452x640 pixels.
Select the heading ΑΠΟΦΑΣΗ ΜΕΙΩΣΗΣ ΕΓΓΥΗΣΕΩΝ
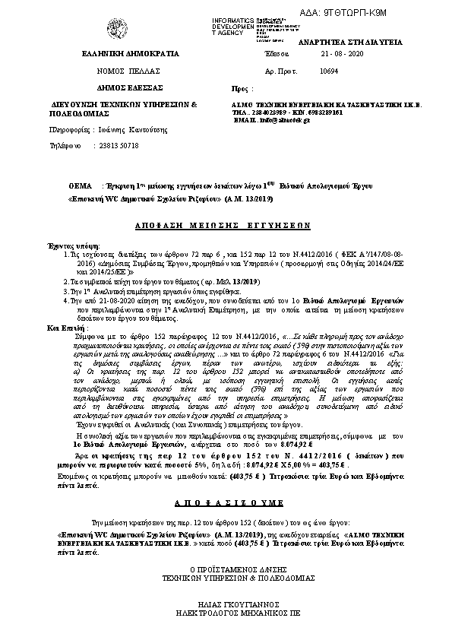click(x=226, y=226)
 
